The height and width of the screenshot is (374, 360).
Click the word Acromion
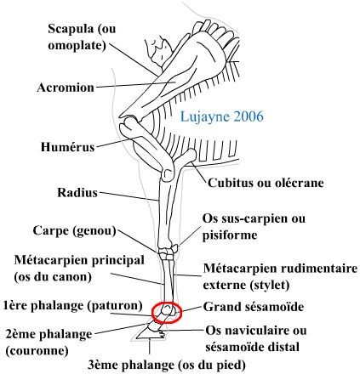[66, 88]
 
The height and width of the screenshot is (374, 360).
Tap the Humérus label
[67, 147]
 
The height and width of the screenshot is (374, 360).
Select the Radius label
[77, 193]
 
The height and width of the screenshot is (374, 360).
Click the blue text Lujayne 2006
[222, 116]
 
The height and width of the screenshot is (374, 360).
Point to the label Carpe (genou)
[75, 231]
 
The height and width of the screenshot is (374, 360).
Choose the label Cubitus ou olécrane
[266, 183]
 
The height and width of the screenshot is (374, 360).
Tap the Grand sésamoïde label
[254, 307]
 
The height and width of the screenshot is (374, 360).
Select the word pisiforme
[230, 235]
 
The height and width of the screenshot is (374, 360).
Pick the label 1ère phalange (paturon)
[73, 306]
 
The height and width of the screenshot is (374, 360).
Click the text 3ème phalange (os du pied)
[167, 365]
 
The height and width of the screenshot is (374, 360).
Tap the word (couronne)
[37, 351]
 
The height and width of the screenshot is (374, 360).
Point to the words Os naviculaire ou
[256, 331]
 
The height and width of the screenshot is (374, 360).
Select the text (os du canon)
[53, 277]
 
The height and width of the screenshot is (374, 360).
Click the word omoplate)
[77, 45]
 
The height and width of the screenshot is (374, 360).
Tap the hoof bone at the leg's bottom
[150, 334]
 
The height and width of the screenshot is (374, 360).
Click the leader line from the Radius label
[129, 196]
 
